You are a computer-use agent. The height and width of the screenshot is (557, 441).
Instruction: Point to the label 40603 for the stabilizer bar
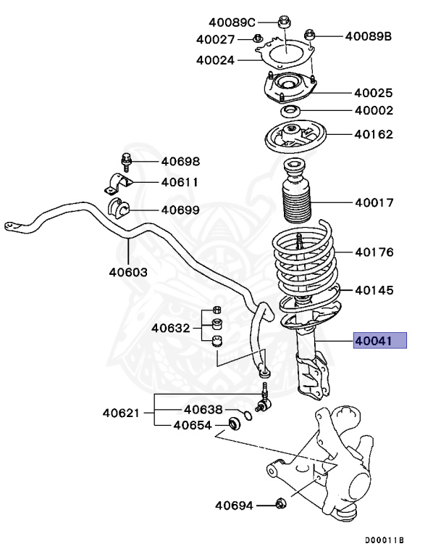tap(128, 273)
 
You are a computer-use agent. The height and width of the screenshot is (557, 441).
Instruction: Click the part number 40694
tap(234, 504)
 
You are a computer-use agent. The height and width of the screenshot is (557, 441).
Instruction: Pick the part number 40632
tap(170, 328)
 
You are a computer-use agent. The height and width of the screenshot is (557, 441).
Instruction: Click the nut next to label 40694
tap(282, 503)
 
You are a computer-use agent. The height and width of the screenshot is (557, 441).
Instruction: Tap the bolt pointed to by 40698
tap(125, 161)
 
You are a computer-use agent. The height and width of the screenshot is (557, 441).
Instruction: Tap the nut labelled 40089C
tap(284, 22)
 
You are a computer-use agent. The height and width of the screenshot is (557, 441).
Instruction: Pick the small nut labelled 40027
tap(259, 38)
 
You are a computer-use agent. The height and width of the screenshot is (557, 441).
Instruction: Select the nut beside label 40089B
tap(309, 33)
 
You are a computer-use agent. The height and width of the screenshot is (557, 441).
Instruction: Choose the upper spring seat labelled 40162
tap(293, 136)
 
